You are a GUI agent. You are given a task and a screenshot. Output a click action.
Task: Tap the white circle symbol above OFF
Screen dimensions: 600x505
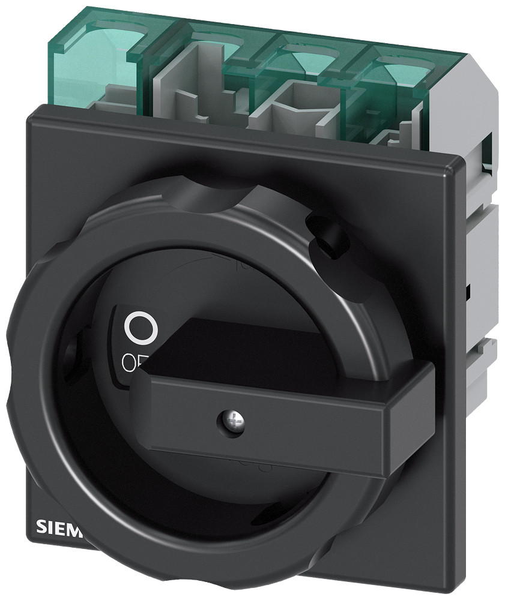141,327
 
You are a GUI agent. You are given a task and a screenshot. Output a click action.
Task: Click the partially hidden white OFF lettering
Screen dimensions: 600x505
132,362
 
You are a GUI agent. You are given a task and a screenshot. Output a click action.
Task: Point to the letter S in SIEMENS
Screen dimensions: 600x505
42,527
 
